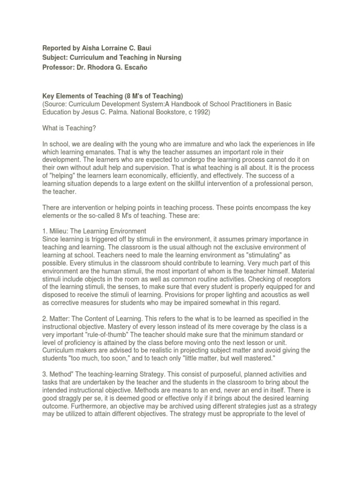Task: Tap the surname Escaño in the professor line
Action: (153, 67)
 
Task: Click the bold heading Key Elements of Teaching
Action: (88, 96)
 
